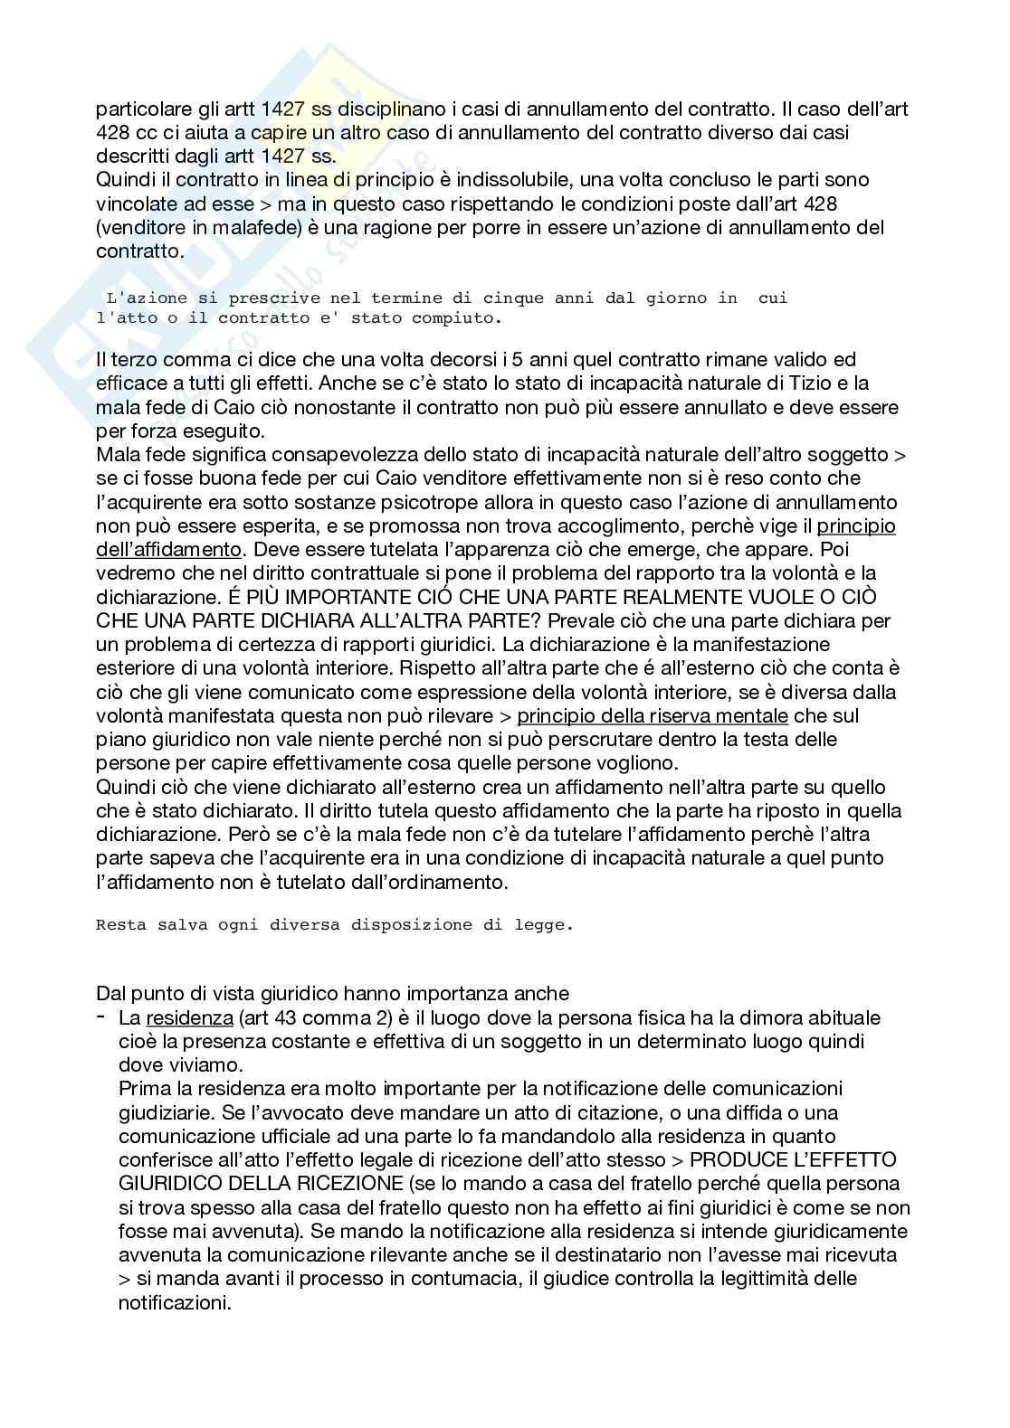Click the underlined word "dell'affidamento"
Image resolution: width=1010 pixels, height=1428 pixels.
click(169, 549)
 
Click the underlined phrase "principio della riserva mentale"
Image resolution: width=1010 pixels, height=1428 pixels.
click(652, 716)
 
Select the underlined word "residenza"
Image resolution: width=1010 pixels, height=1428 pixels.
click(190, 1017)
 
